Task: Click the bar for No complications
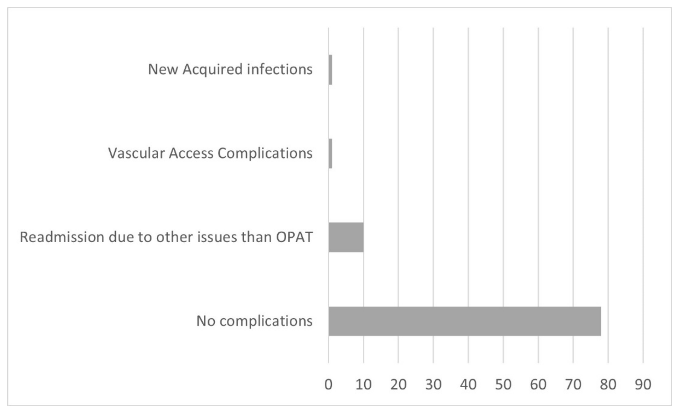[x=465, y=321]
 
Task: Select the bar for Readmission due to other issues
[x=346, y=237]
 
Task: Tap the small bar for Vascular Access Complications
[x=330, y=153]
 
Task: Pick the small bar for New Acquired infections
[x=330, y=70]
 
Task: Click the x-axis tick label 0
[x=328, y=385]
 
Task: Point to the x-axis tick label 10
[x=363, y=385]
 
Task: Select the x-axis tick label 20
[x=398, y=385]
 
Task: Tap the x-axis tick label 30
[x=433, y=385]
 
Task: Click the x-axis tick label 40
[x=468, y=385]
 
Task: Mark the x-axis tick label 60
[x=538, y=385]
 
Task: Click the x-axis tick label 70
[x=573, y=385]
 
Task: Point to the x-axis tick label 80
[x=608, y=385]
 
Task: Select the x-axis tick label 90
[x=643, y=385]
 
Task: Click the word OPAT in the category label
[x=294, y=237]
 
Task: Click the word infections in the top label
[x=280, y=69]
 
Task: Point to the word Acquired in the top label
[x=212, y=70]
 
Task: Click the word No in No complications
[x=206, y=321]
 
